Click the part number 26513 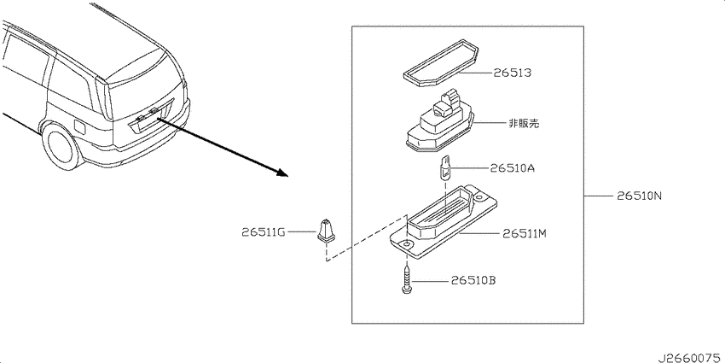click(x=512, y=73)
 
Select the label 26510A click(x=513, y=167)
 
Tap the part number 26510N click(x=640, y=196)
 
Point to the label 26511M click(x=525, y=234)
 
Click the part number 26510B click(x=473, y=281)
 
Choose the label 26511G click(x=263, y=231)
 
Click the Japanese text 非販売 click(x=524, y=123)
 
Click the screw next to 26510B click(x=406, y=278)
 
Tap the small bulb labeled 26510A click(x=444, y=169)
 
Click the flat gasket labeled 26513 click(x=441, y=63)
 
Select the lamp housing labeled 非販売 click(x=440, y=124)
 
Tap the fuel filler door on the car click(x=79, y=126)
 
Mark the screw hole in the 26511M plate click(x=406, y=243)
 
